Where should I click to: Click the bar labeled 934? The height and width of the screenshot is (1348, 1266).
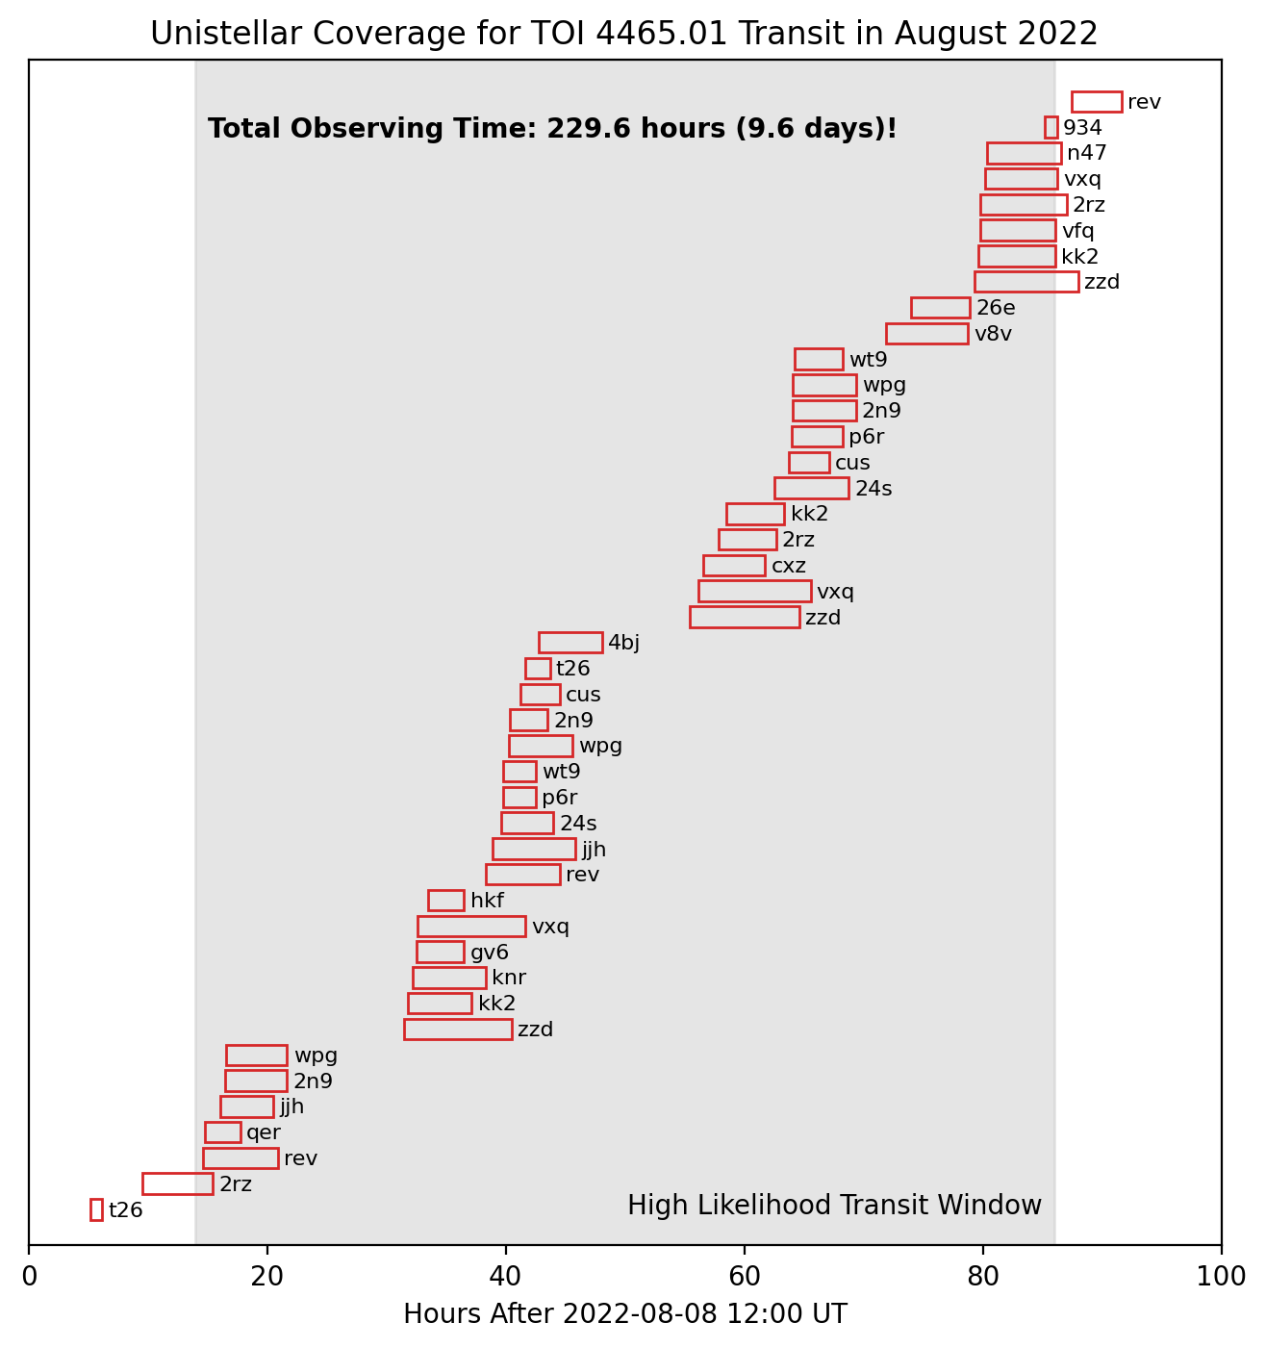1051,127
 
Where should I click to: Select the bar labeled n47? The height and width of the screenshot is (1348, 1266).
1024,153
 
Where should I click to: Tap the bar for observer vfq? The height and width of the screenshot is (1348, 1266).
1018,230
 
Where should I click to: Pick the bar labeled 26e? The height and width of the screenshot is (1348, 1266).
940,308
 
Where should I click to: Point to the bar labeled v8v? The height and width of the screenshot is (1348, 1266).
926,334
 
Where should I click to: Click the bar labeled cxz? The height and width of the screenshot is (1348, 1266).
734,566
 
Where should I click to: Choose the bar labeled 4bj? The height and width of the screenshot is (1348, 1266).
570,643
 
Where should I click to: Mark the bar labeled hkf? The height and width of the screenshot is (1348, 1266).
445,901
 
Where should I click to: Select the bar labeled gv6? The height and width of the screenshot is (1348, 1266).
440,952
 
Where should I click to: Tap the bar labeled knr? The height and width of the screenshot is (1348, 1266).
449,978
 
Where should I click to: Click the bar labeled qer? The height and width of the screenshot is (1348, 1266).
222,1132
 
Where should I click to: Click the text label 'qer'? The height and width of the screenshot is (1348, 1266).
264,1133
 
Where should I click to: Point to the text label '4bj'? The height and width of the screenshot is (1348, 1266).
623,644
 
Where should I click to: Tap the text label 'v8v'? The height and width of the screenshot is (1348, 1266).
993,335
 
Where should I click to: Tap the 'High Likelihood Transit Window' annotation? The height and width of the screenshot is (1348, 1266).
834,1206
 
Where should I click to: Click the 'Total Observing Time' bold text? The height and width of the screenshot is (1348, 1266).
552,129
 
